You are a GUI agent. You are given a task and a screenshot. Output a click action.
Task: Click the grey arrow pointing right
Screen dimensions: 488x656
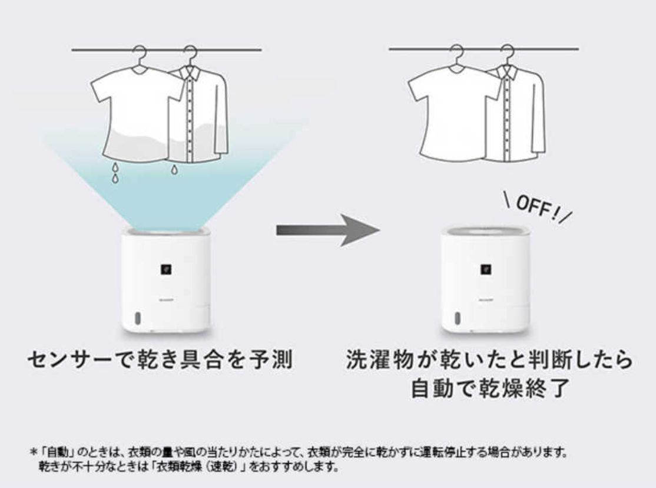click(327, 230)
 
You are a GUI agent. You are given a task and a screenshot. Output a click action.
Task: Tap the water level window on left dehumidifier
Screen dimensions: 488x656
click(137, 318)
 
